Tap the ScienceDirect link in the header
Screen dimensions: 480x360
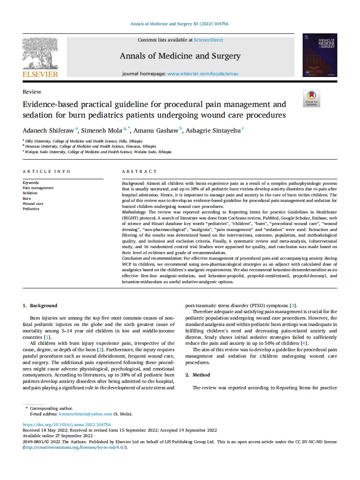(x=208, y=40)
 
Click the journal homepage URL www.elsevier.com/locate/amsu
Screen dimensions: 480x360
(x=202, y=74)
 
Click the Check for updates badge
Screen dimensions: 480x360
(x=311, y=98)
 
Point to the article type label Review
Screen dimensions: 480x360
(x=32, y=92)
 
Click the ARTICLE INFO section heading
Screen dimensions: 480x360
(x=47, y=172)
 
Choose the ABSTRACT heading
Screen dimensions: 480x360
(x=140, y=172)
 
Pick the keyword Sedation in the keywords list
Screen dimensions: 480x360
(x=30, y=193)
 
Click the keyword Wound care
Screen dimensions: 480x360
(x=33, y=204)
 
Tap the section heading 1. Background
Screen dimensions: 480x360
(x=40, y=305)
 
